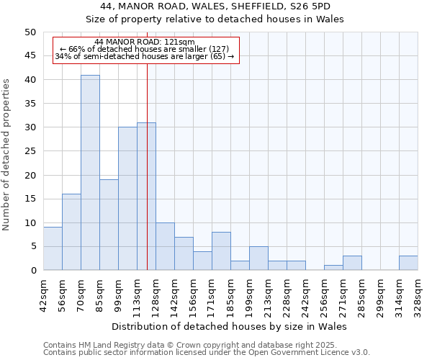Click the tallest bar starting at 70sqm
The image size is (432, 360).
[90, 173]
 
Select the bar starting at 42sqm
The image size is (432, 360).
[53, 248]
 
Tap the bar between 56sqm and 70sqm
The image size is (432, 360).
[71, 232]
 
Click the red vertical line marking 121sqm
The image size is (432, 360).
[147, 180]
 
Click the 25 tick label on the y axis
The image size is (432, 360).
[30, 151]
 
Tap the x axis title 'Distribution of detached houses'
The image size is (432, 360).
[230, 326]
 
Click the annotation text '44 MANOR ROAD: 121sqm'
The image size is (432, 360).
[144, 42]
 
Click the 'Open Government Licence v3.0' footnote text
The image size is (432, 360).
[306, 352]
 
